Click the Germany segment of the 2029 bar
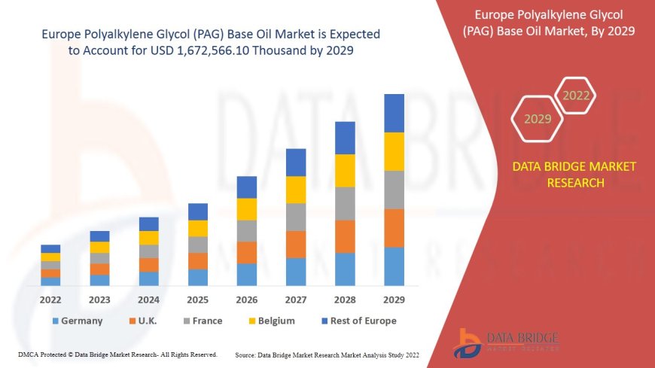pyautogui.click(x=394, y=266)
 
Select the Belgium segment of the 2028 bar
pyautogui.click(x=345, y=170)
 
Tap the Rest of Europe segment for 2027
pyautogui.click(x=296, y=162)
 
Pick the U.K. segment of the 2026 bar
pyautogui.click(x=247, y=252)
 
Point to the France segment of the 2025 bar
pyautogui.click(x=198, y=245)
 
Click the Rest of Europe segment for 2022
pyautogui.click(x=50, y=248)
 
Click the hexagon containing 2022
pyautogui.click(x=576, y=96)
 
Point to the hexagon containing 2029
pyautogui.click(x=538, y=119)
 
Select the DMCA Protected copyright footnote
pyautogui.click(x=117, y=354)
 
